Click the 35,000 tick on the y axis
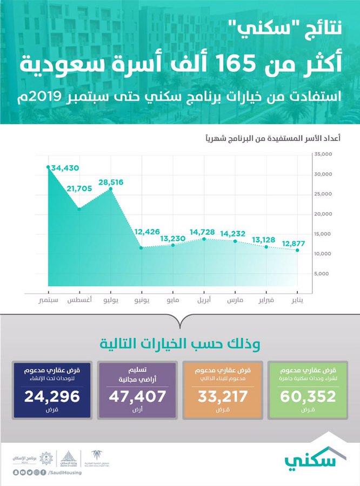[324, 154]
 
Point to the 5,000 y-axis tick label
[325, 274]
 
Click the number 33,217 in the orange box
[223, 397]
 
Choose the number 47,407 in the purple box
[136, 397]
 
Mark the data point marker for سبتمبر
[49, 167]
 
